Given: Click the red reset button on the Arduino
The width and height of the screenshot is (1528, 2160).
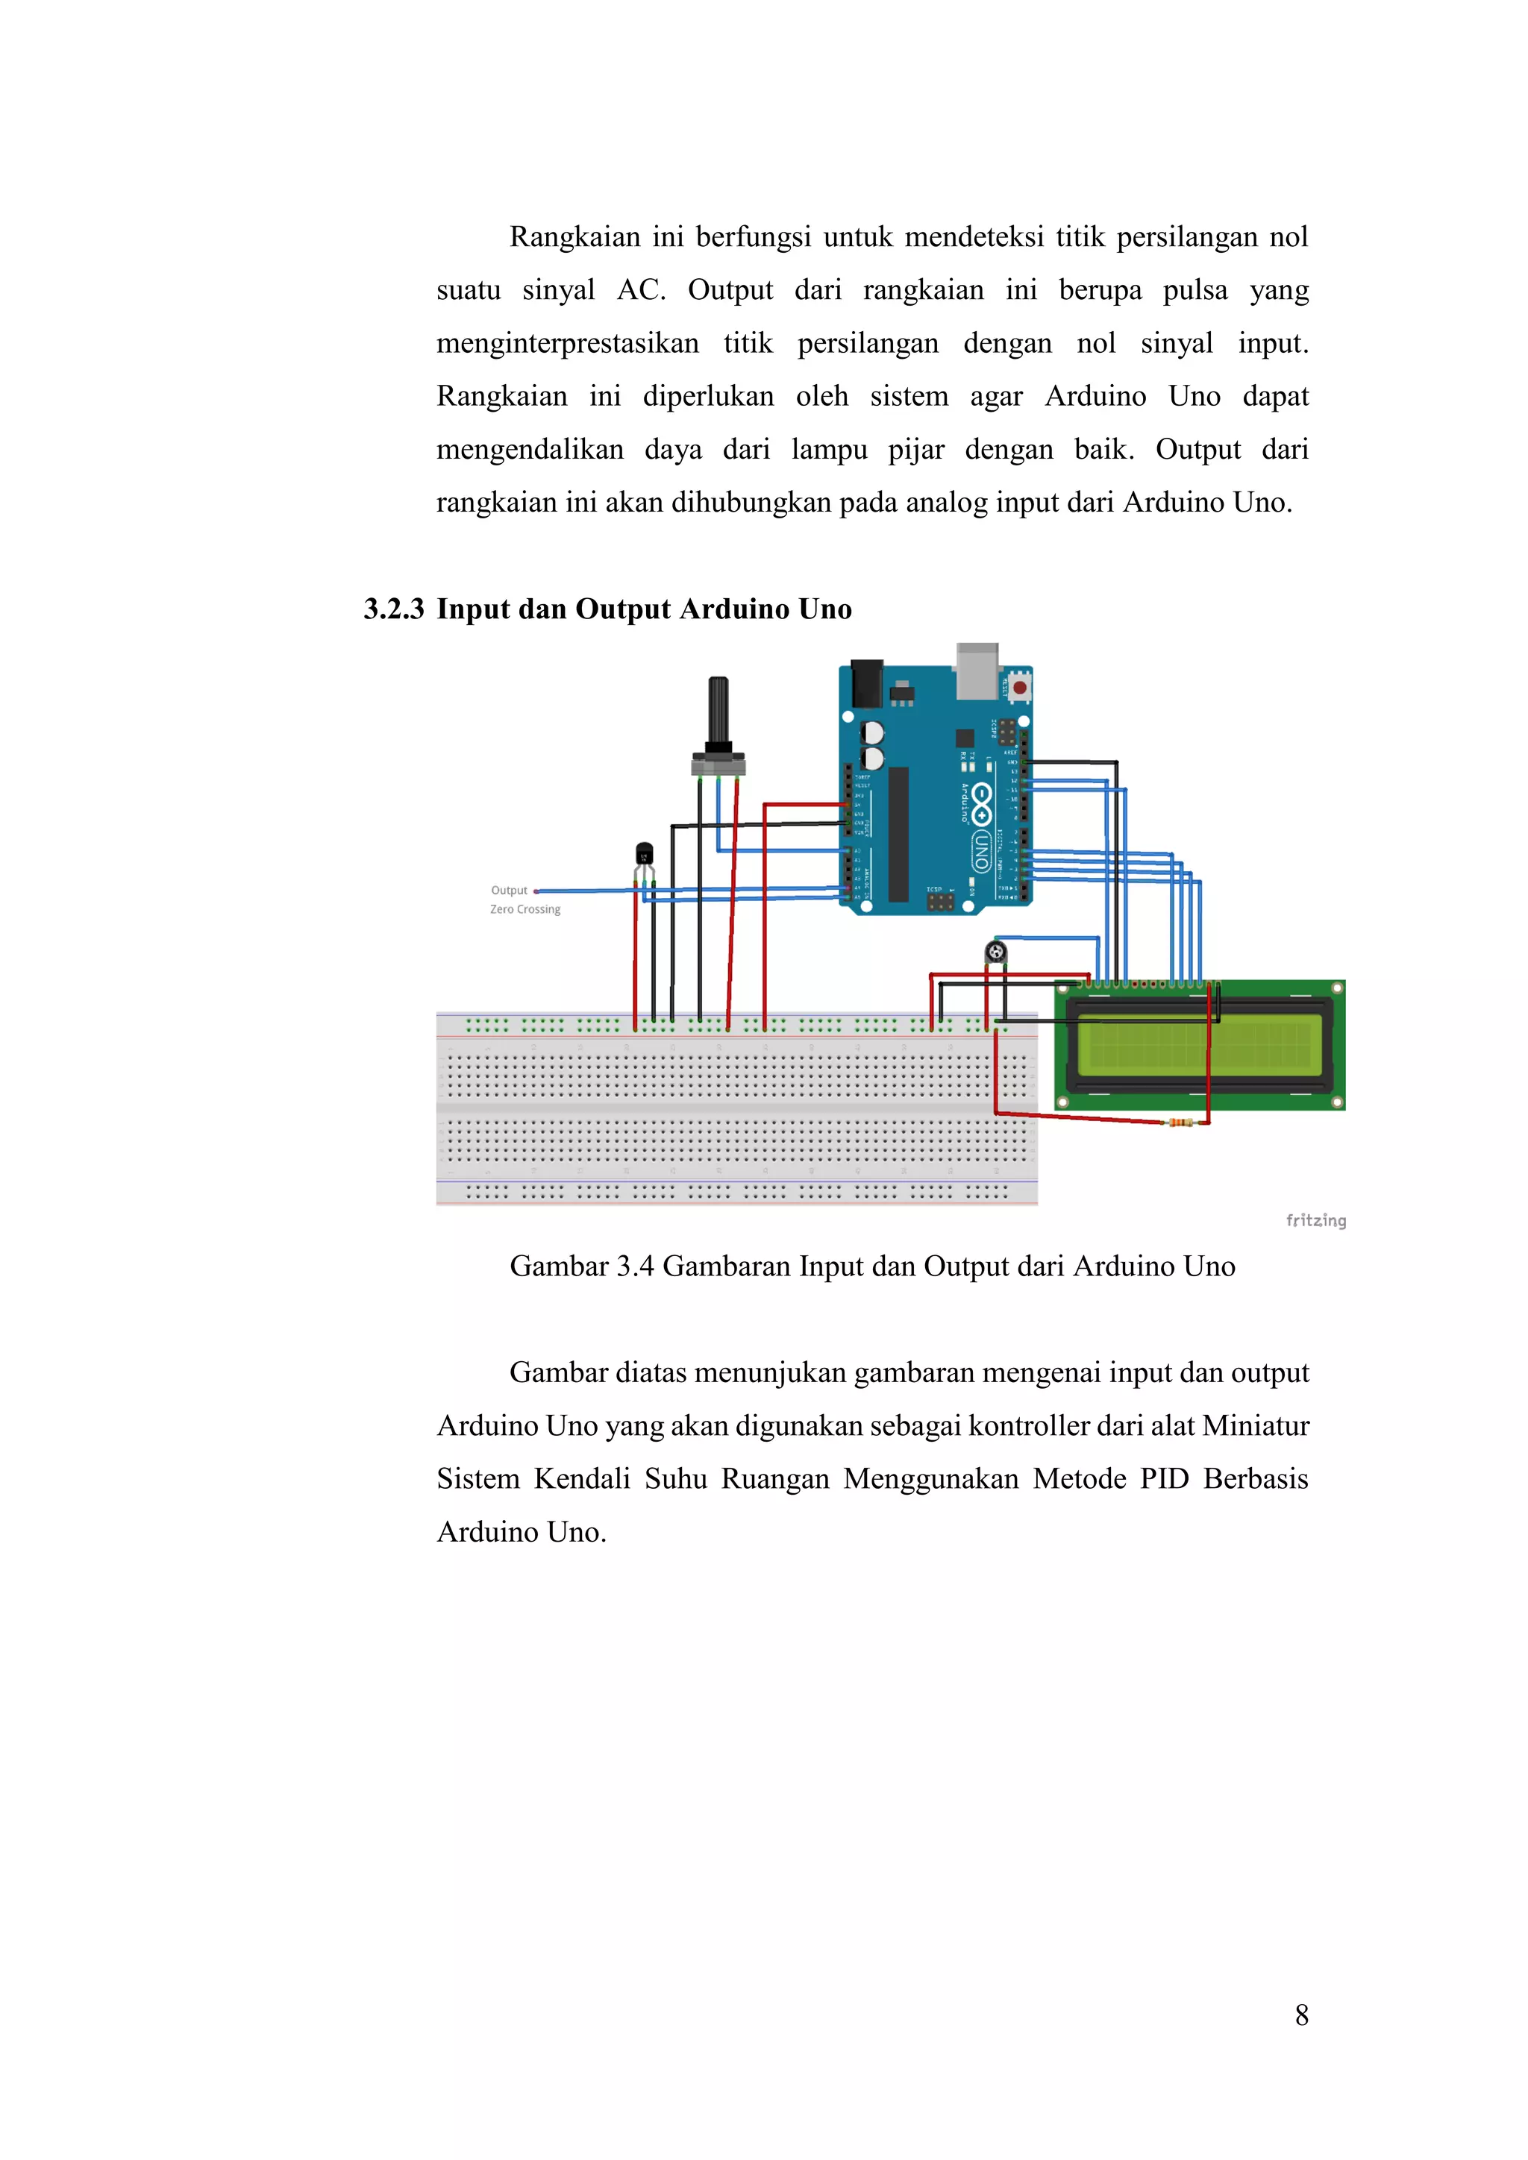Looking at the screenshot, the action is click(x=1019, y=688).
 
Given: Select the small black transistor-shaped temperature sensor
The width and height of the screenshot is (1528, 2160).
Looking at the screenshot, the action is click(x=644, y=854).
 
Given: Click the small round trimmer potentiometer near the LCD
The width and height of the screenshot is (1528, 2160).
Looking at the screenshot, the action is click(x=995, y=953).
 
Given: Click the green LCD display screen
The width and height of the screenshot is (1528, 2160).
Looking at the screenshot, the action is click(x=1200, y=1044).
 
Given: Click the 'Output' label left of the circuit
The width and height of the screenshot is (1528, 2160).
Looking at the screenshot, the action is click(x=509, y=890).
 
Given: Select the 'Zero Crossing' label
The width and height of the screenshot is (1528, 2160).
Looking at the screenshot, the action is click(x=525, y=910).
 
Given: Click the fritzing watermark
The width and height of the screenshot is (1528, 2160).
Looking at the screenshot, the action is click(x=1315, y=1220).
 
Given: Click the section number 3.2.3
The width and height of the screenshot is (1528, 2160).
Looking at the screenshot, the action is click(x=393, y=609).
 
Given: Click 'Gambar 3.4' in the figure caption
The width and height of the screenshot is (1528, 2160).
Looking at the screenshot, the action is click(x=581, y=1266).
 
